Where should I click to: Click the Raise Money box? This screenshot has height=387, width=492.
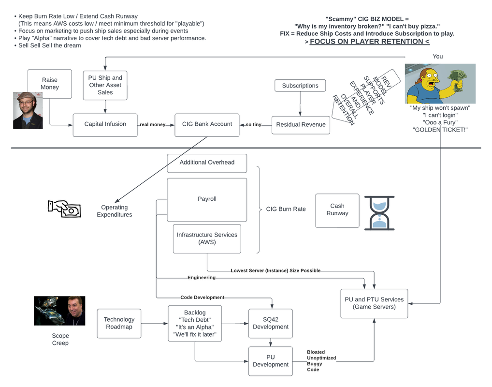49,84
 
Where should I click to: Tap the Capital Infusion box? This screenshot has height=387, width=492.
105,124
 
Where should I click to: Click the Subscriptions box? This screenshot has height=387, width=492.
300,86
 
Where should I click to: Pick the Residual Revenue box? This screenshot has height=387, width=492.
301,125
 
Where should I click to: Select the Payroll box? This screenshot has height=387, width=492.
207,199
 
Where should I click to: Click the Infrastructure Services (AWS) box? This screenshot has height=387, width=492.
207,238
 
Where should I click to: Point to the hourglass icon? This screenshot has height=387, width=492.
379,213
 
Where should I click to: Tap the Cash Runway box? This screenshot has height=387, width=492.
337,210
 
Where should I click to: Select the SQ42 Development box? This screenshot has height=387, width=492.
270,323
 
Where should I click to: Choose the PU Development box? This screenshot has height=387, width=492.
270,361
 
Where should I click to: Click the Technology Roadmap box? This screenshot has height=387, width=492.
119,323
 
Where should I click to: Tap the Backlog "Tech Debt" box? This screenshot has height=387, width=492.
195,323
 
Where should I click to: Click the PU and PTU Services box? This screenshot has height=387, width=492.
374,303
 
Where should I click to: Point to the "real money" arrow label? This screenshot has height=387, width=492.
152,125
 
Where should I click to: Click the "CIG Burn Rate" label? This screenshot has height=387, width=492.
286,209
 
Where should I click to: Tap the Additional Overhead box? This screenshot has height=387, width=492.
207,163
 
